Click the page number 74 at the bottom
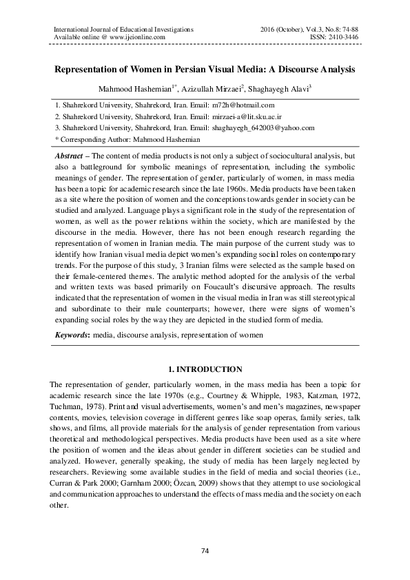click(x=205, y=550)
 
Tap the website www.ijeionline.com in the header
click(x=133, y=37)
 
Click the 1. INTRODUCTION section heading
click(x=205, y=369)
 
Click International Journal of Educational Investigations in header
click(x=119, y=29)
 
